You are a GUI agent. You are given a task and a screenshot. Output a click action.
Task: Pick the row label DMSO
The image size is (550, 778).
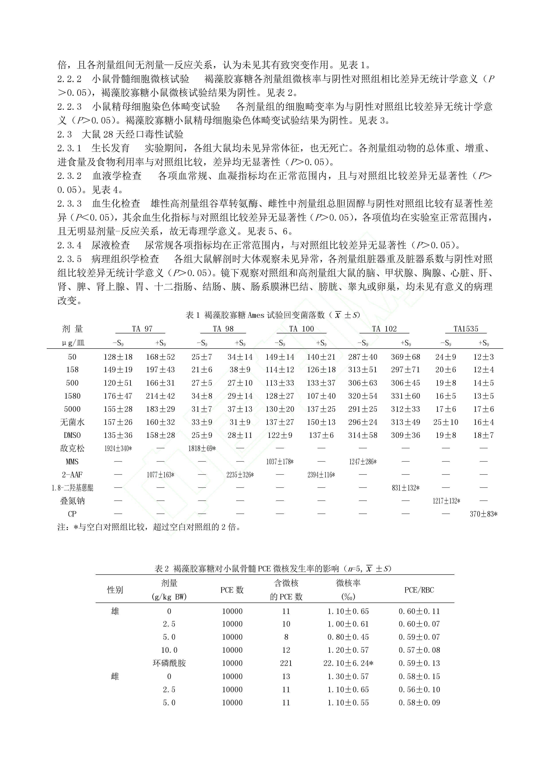(x=72, y=435)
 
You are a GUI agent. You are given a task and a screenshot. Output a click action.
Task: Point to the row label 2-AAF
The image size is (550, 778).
(x=72, y=475)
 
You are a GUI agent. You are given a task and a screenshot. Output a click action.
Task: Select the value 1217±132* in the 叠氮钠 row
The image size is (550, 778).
(x=446, y=501)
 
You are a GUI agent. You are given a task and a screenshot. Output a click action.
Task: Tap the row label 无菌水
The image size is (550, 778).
(x=72, y=422)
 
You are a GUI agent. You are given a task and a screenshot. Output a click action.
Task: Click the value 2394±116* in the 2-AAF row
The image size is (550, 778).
(x=321, y=475)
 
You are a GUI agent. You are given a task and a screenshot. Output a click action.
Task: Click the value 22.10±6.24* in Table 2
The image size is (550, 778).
(x=348, y=663)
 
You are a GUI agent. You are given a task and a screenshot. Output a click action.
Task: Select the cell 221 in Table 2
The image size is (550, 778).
(x=286, y=663)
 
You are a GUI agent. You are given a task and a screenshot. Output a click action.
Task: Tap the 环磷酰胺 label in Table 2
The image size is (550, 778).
(x=169, y=663)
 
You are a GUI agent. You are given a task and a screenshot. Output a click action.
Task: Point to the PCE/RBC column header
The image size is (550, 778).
(x=419, y=590)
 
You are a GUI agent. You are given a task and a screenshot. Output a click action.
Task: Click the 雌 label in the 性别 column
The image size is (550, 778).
(x=115, y=676)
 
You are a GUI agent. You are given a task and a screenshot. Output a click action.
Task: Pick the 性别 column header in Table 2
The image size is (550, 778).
(x=115, y=590)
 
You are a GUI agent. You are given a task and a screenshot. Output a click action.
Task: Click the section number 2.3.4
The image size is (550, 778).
(x=69, y=245)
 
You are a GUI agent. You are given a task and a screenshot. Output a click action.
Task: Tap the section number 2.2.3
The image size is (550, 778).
(x=69, y=107)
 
